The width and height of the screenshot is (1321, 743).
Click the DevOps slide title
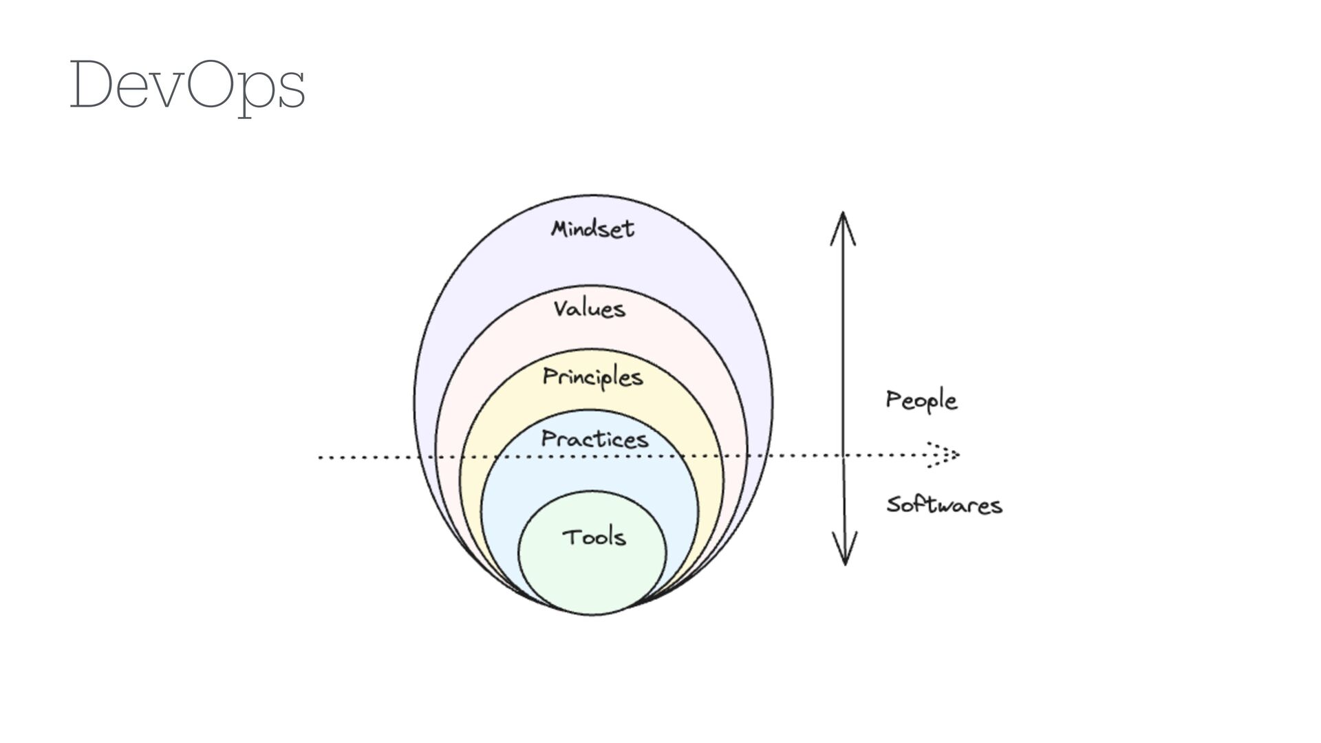[186, 86]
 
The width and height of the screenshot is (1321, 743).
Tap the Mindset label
[592, 228]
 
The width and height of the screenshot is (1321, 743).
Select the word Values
[590, 309]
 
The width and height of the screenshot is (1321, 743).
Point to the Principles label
[592, 378]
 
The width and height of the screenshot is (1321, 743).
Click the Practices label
[594, 439]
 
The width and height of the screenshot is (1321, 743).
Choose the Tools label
[594, 537]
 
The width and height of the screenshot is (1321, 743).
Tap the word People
[921, 400]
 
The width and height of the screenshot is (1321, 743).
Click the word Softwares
[944, 505]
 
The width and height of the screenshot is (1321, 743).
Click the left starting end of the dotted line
[321, 457]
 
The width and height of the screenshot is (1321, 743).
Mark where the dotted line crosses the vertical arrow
[844, 455]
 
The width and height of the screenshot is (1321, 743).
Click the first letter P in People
[894, 399]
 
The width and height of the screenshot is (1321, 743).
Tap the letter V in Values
[562, 308]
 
